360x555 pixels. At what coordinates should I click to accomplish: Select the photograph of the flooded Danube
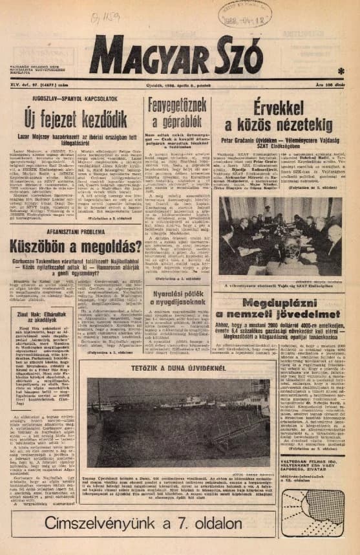(x=178, y=413)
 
